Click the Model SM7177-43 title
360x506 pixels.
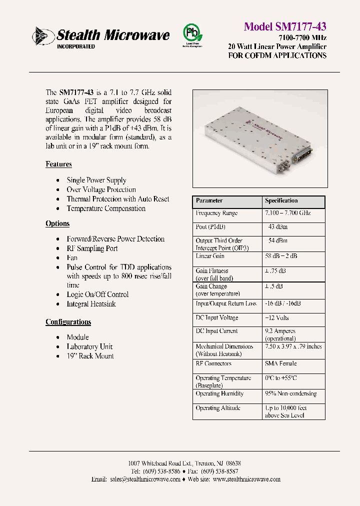tap(285, 26)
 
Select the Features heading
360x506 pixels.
tap(58, 164)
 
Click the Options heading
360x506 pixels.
tap(57, 223)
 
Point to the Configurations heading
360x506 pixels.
tap(68, 322)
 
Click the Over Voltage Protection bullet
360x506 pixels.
tap(101, 189)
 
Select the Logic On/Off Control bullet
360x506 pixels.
tap(97, 294)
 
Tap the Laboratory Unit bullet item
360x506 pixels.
tap(89, 346)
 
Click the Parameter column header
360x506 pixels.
tap(209, 200)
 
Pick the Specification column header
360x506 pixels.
tap(281, 200)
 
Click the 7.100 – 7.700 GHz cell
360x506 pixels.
tap(287, 213)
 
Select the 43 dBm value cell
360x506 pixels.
tap(278, 226)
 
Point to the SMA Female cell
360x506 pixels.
tap(280, 363)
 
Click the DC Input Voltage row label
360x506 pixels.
tap(217, 317)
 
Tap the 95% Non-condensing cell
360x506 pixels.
tap(290, 393)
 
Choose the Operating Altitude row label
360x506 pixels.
tap(218, 408)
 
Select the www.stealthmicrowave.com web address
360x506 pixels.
tap(246, 479)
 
